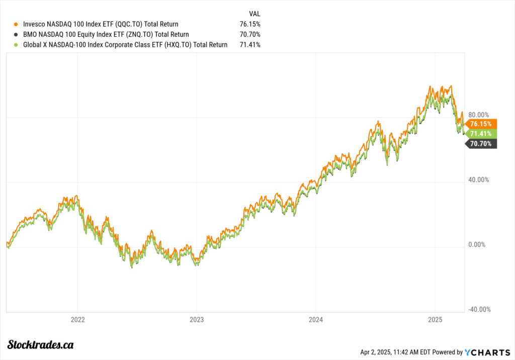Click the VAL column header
pyautogui.click(x=254, y=14)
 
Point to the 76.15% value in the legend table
pyautogui.click(x=250, y=24)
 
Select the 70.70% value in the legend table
pyautogui.click(x=250, y=35)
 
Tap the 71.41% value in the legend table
pyautogui.click(x=250, y=45)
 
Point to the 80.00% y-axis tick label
pyautogui.click(x=478, y=115)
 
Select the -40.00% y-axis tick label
pyautogui.click(x=478, y=310)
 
